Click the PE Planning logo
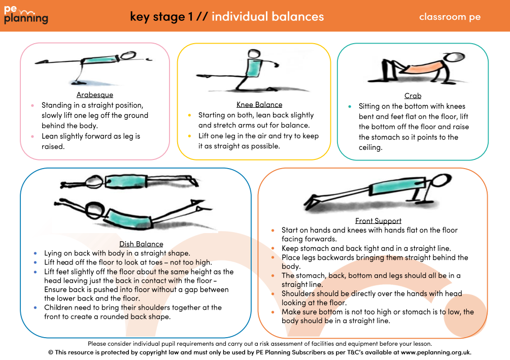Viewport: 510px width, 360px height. (26, 16)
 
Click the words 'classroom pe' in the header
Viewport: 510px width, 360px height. (450, 17)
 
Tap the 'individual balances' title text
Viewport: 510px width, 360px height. (267, 16)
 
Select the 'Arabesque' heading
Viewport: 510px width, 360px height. (95, 95)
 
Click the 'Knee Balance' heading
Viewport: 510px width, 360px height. (259, 105)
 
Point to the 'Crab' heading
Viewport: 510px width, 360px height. (413, 95)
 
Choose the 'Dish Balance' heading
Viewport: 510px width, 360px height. (141, 244)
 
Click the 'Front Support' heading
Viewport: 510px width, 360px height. (378, 221)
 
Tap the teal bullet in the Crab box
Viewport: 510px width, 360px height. (350, 107)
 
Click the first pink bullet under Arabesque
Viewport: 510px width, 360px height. (32, 106)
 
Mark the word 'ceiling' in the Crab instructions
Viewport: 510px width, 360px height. (370, 147)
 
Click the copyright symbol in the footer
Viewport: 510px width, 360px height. (51, 352)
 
